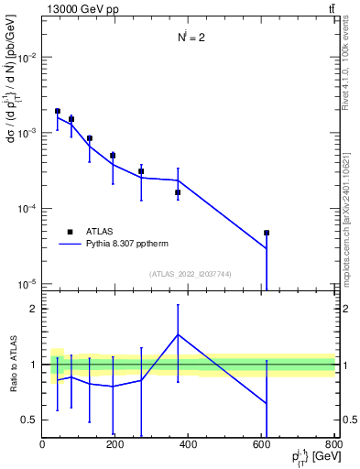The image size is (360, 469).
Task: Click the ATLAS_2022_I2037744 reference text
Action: [x=190, y=274]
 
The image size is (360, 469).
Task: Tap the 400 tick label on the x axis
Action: [x=189, y=444]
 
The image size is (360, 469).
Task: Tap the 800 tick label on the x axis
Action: [x=334, y=444]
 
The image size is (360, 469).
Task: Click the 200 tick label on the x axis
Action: [x=115, y=444]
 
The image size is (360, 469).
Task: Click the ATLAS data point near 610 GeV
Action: [x=267, y=233]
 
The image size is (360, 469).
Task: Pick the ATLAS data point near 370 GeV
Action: [x=178, y=192]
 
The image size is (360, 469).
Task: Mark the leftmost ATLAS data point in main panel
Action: [x=57, y=111]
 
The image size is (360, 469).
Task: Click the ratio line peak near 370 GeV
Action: [x=178, y=334]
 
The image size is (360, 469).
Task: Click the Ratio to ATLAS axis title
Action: [x=12, y=365]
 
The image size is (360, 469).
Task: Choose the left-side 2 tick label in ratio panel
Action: [x=34, y=309]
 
